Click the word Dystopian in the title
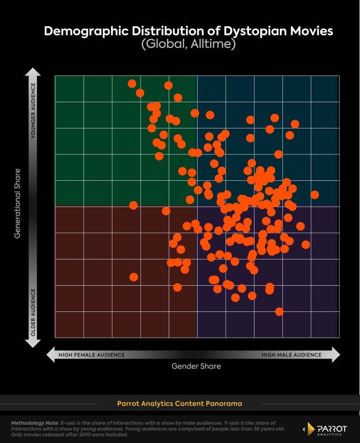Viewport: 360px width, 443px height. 232,31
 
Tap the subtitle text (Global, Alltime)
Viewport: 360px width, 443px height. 188,44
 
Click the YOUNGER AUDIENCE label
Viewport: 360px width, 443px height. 33,111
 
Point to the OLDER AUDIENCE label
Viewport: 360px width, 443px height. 33,312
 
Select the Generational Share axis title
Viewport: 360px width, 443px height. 17,203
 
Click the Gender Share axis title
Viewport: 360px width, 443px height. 196,366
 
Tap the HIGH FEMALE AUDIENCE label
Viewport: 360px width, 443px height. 91,355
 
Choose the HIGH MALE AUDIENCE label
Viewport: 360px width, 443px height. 292,355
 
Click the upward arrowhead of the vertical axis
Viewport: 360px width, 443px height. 33,72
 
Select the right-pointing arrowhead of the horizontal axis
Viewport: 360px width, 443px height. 335,354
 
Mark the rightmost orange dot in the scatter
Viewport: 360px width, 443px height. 315,195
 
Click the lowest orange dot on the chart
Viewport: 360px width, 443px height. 279,311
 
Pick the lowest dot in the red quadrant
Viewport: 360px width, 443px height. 177,287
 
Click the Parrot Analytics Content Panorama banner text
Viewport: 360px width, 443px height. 180,403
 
